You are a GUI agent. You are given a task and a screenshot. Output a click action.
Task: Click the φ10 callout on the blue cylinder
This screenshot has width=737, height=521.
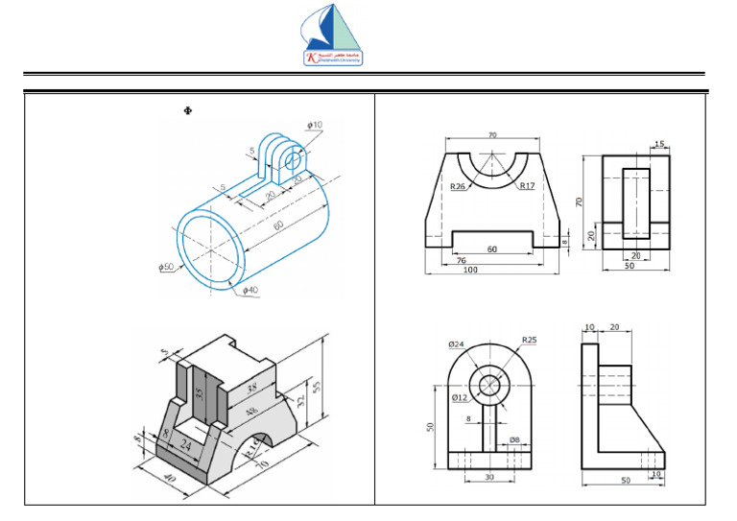point(315,125)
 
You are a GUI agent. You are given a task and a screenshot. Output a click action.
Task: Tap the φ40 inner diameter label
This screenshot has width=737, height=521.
point(250,290)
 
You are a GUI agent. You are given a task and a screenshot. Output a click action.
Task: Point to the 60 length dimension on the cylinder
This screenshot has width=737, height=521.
point(277,225)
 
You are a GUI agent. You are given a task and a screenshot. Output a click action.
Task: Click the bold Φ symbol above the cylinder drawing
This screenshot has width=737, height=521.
point(187,112)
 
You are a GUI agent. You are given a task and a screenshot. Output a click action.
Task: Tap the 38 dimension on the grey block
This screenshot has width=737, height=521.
point(251,389)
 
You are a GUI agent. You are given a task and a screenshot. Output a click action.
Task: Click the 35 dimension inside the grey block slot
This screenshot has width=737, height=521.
point(200,393)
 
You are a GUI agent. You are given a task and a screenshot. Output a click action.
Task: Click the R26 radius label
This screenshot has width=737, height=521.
point(459,187)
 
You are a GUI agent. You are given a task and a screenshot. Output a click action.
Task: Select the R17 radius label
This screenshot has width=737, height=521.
point(526,186)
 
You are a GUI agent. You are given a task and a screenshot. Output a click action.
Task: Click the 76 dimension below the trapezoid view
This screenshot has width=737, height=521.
point(461,259)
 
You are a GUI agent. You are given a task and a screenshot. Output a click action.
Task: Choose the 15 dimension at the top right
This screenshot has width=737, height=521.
point(657,143)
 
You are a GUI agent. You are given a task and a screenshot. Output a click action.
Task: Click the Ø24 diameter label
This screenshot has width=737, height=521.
point(457,344)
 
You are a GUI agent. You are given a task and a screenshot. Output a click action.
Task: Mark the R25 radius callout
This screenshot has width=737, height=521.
point(529,340)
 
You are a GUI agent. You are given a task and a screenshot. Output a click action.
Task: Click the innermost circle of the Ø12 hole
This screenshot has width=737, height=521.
point(491,385)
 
